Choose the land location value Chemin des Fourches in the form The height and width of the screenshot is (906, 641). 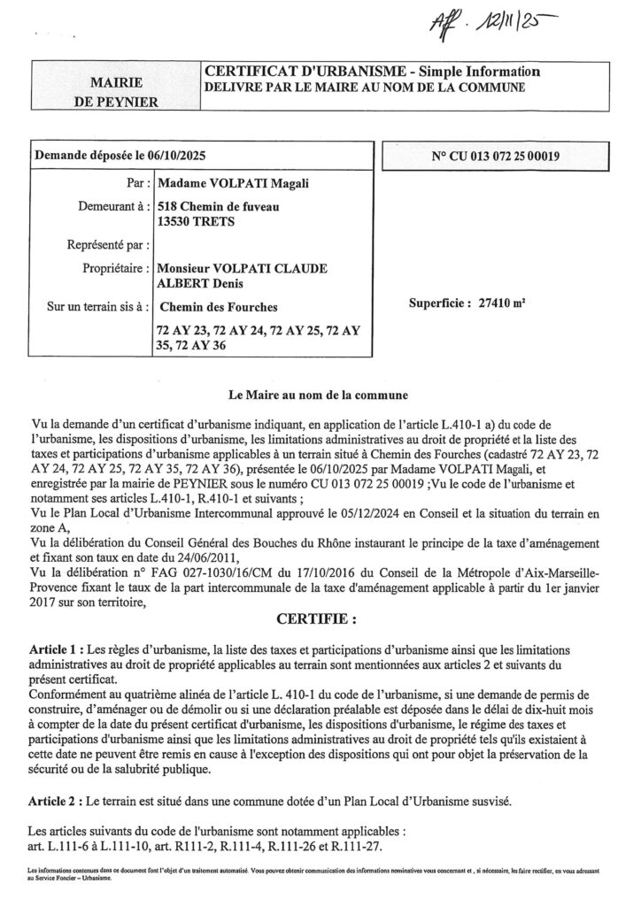click(216, 308)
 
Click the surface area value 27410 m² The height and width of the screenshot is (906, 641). click(500, 301)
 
